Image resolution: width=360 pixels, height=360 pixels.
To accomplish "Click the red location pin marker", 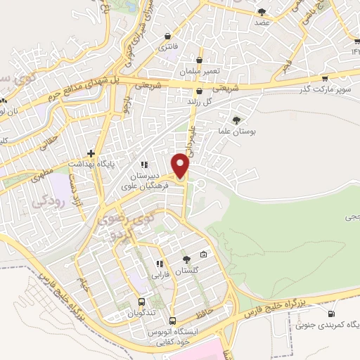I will pos(181,167).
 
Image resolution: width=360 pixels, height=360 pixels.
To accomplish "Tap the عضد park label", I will pos(262,22).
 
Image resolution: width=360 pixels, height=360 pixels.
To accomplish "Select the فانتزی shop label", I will pos(167,46).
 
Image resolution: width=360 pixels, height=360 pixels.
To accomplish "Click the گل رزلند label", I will pos(200,102).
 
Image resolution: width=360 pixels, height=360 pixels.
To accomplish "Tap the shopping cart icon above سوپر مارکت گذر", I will pos(325,79).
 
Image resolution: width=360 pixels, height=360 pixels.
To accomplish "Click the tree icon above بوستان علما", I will pos(236,120).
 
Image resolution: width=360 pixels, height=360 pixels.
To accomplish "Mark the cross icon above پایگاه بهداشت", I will pos(91,153).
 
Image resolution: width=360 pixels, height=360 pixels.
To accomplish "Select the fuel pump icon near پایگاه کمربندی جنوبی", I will pos(331,314).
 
